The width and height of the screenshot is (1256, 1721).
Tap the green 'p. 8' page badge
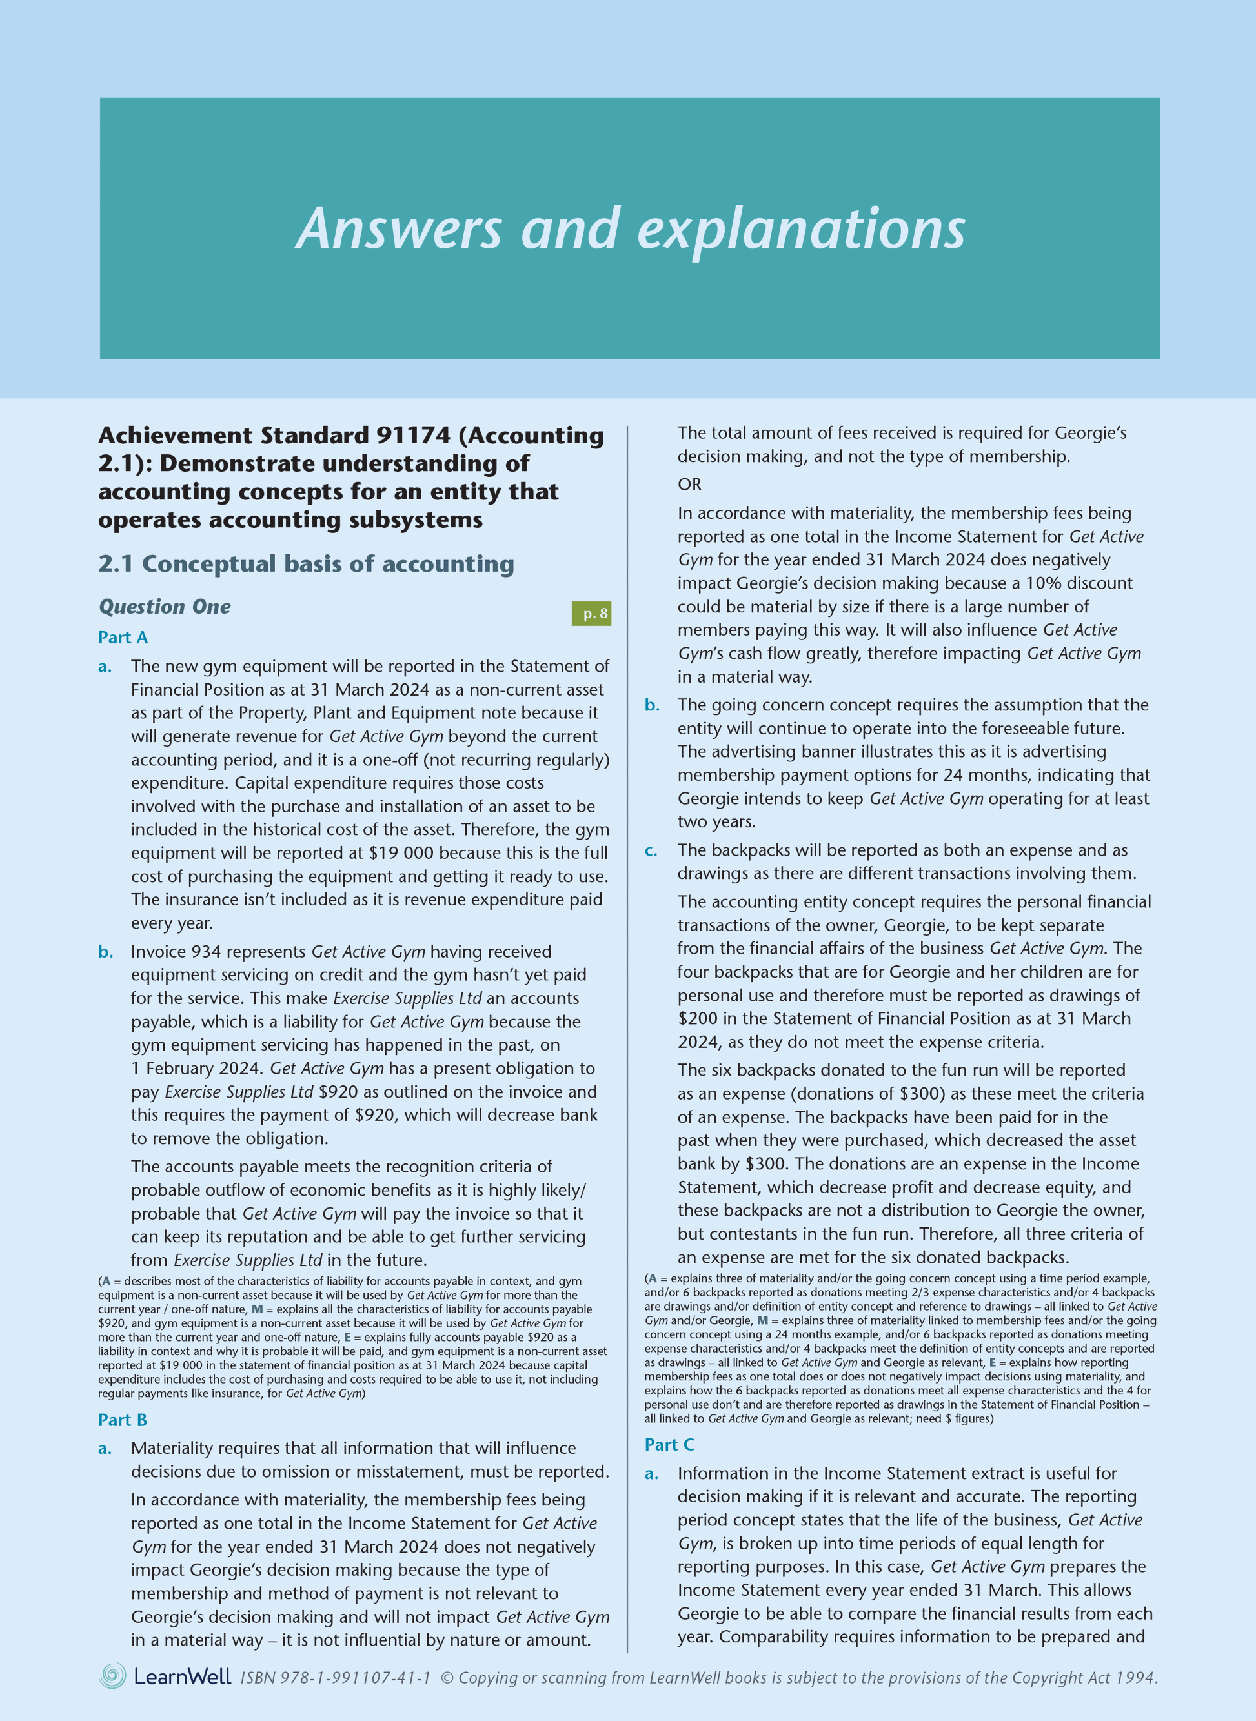click(x=591, y=614)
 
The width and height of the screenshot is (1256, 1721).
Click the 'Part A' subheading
click(x=123, y=637)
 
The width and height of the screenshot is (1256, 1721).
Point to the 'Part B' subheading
click(x=123, y=1420)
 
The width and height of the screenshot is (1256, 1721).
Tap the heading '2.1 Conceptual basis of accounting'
click(x=306, y=563)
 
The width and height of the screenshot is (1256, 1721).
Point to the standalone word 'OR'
click(x=689, y=484)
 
